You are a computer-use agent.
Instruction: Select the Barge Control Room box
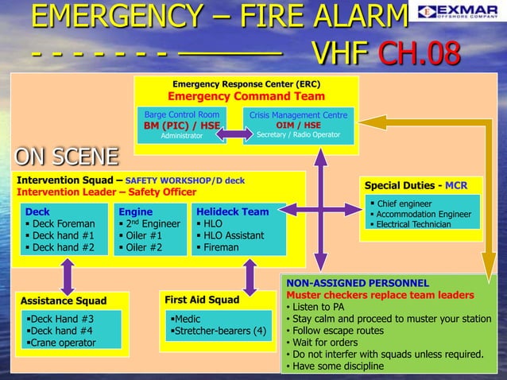pyautogui.click(x=181, y=125)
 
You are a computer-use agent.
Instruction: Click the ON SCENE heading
pyautogui.click(x=67, y=156)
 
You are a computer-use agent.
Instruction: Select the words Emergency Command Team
pyautogui.click(x=246, y=96)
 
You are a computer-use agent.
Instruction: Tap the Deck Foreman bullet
pyautogui.click(x=60, y=224)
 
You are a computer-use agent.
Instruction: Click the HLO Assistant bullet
pyautogui.click(x=234, y=235)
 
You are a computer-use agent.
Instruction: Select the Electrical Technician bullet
pyautogui.click(x=412, y=224)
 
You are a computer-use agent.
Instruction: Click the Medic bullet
pyautogui.click(x=190, y=319)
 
